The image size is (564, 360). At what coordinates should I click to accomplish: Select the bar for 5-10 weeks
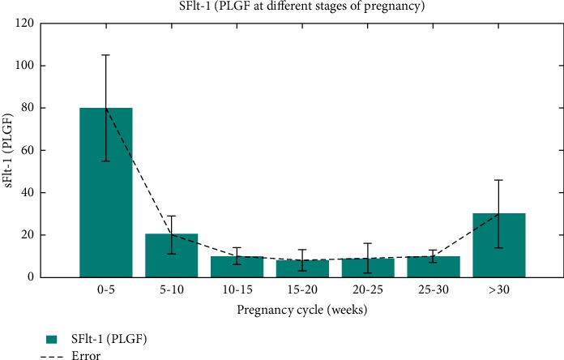(x=172, y=255)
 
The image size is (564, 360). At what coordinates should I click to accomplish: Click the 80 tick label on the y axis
(x=36, y=108)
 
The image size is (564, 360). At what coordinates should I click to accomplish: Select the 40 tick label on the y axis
(x=36, y=193)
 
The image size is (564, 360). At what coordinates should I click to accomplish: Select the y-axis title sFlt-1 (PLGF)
(x=11, y=150)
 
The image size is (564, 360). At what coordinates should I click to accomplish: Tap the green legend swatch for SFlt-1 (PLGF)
(x=53, y=337)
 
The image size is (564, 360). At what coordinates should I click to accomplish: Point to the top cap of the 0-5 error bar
(x=106, y=55)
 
